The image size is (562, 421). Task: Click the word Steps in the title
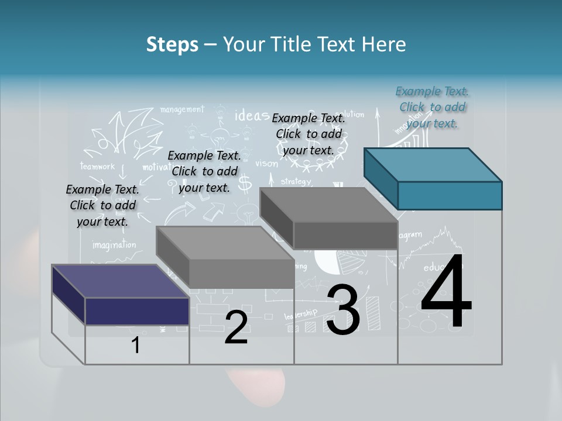point(172,44)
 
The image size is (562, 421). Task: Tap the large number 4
point(446,292)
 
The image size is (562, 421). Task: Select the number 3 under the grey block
point(343,310)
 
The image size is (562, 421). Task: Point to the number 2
point(236,328)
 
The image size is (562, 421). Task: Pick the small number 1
point(136,346)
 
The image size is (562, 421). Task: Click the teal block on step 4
point(433,178)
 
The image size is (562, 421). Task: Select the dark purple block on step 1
point(121,295)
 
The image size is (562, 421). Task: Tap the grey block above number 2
point(225,257)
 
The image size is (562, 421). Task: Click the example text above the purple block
point(102,205)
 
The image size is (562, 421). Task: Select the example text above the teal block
point(432,107)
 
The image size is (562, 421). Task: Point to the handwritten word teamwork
point(98,166)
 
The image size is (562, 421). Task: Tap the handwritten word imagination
point(114,245)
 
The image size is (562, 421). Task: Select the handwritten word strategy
point(296,181)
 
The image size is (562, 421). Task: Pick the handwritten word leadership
point(301,315)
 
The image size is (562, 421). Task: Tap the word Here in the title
point(385,44)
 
